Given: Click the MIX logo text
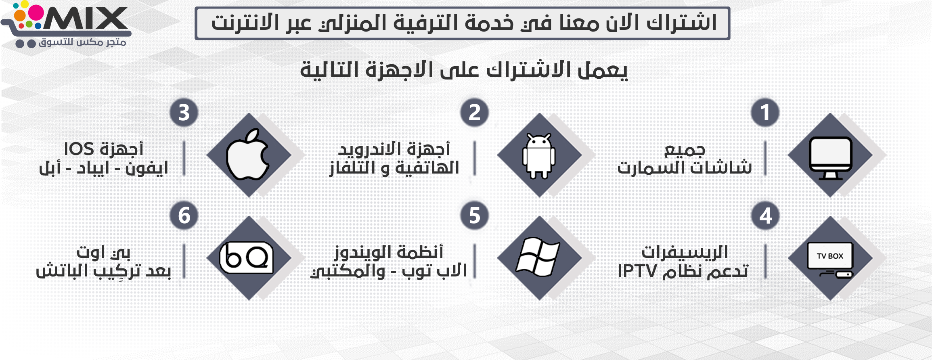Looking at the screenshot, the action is (86, 19).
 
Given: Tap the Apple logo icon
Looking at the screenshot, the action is (247, 155).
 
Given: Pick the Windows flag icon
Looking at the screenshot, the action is (538, 257).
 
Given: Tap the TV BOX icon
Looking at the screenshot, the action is (830, 260).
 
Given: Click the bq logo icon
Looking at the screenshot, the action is (246, 257).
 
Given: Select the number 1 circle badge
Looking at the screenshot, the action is (765, 113).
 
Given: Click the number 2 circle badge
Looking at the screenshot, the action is (474, 113).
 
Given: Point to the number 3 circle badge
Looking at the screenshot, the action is (184, 113).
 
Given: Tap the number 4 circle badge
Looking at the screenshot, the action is (765, 216).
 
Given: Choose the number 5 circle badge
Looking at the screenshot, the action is (475, 216).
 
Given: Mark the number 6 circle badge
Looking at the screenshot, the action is (184, 216).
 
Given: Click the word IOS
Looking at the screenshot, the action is (79, 149).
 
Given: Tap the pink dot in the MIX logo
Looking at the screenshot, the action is (36, 13).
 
